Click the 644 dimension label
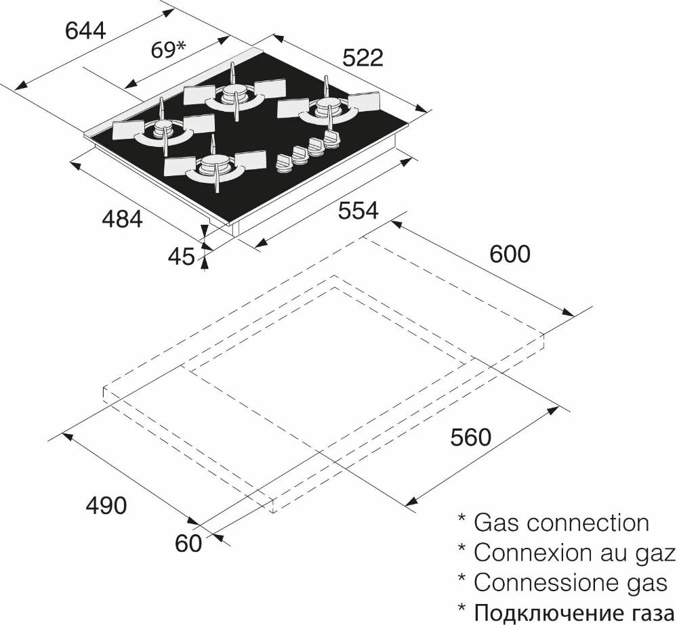click(x=85, y=31)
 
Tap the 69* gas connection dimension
click(x=168, y=49)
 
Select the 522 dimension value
click(x=363, y=58)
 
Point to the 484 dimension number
click(x=122, y=219)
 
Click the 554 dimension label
click(x=358, y=211)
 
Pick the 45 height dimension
click(x=182, y=257)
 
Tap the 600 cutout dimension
click(x=510, y=254)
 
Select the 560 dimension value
click(x=470, y=437)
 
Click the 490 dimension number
click(x=106, y=505)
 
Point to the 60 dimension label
click(x=188, y=544)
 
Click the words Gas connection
click(x=561, y=523)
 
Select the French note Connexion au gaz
click(x=574, y=553)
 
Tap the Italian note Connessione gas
click(x=571, y=582)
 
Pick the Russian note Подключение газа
click(x=574, y=613)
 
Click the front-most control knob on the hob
click(x=284, y=163)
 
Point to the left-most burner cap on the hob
click(x=163, y=127)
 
